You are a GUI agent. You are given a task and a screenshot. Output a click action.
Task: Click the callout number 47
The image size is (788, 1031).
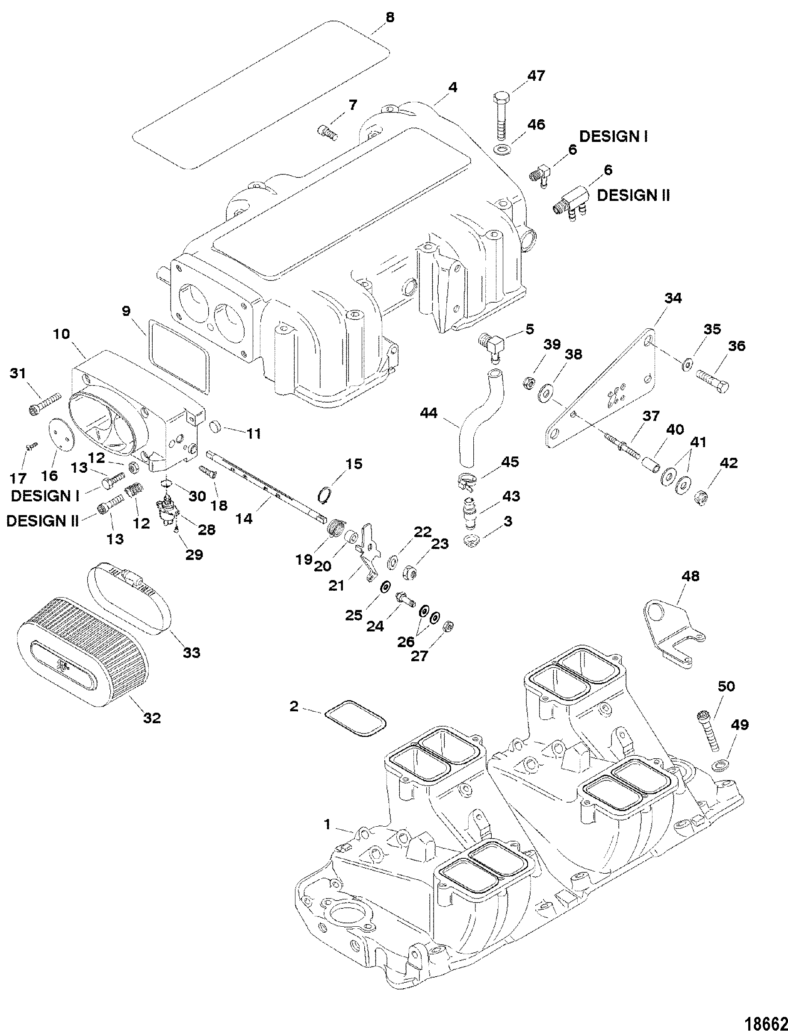536,76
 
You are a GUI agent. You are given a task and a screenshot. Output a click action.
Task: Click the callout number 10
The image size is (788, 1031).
62,334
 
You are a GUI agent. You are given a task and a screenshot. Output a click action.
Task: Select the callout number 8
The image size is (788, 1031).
390,18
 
